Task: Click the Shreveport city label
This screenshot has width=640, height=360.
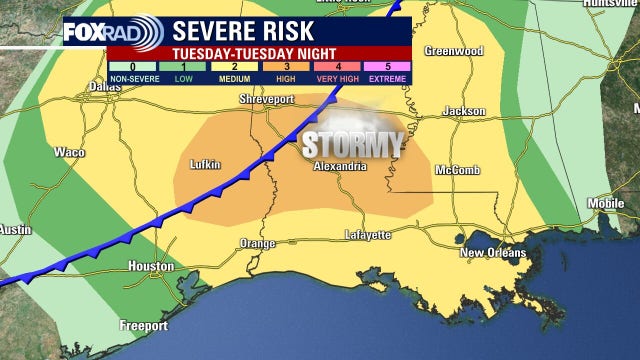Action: (268, 100)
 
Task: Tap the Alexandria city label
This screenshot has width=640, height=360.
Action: (339, 166)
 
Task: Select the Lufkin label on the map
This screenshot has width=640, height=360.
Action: (204, 164)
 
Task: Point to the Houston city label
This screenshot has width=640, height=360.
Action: (151, 266)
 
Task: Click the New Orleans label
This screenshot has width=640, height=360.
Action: (492, 253)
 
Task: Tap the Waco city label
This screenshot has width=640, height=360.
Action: (68, 153)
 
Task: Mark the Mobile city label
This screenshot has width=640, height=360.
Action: (605, 203)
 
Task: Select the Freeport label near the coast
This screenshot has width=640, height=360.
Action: (143, 325)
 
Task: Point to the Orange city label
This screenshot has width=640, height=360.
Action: (258, 244)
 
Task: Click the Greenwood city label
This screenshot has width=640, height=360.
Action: (454, 51)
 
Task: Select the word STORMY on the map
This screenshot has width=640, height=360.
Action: (352, 143)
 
